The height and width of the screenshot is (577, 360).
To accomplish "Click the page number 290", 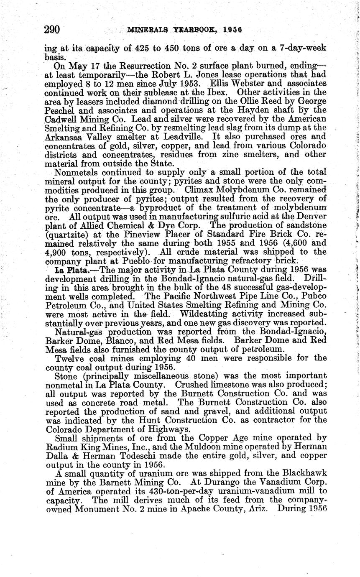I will coord(53,30).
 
